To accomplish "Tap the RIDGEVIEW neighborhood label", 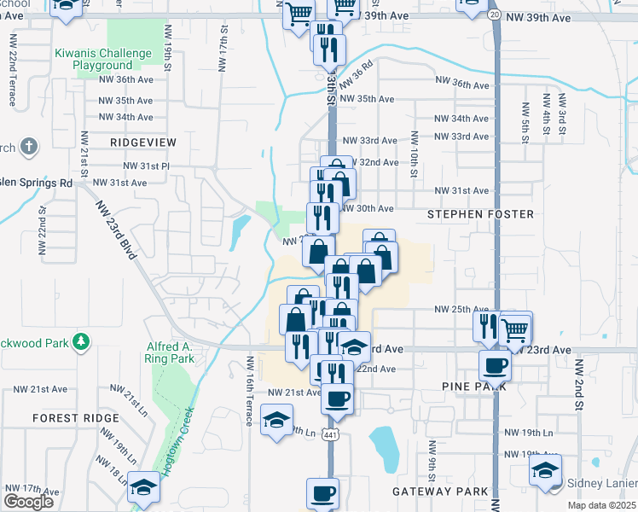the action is pos(143,141).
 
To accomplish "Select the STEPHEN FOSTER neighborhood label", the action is pos(481,213).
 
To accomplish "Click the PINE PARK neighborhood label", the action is pos(475,387).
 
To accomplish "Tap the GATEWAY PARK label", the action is pos(439,492).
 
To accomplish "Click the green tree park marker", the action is pos(81,342).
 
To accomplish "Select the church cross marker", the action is pos(27,147).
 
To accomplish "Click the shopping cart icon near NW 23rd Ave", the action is pos(515,328).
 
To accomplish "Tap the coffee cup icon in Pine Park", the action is pos(496,367).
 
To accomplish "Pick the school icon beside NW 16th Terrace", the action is pos(277,420).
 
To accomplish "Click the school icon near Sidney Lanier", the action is pos(545,469).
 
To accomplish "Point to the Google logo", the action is pos(28,501).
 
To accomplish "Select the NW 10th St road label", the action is pos(413,154).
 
